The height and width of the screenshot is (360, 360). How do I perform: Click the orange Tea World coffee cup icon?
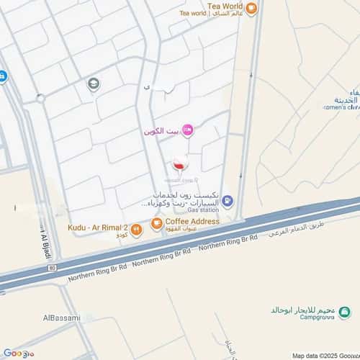click(251, 9)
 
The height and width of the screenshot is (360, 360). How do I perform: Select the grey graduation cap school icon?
click(94, 84)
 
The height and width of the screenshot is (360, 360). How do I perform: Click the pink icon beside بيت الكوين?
click(188, 130)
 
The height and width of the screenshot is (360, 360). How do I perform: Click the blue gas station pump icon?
click(228, 201)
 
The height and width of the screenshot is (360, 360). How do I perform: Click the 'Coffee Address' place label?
click(192, 222)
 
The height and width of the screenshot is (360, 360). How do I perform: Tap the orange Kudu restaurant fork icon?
click(136, 230)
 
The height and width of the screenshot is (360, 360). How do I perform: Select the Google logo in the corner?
click(18, 353)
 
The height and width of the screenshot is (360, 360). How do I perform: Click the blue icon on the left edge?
click(2, 76)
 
